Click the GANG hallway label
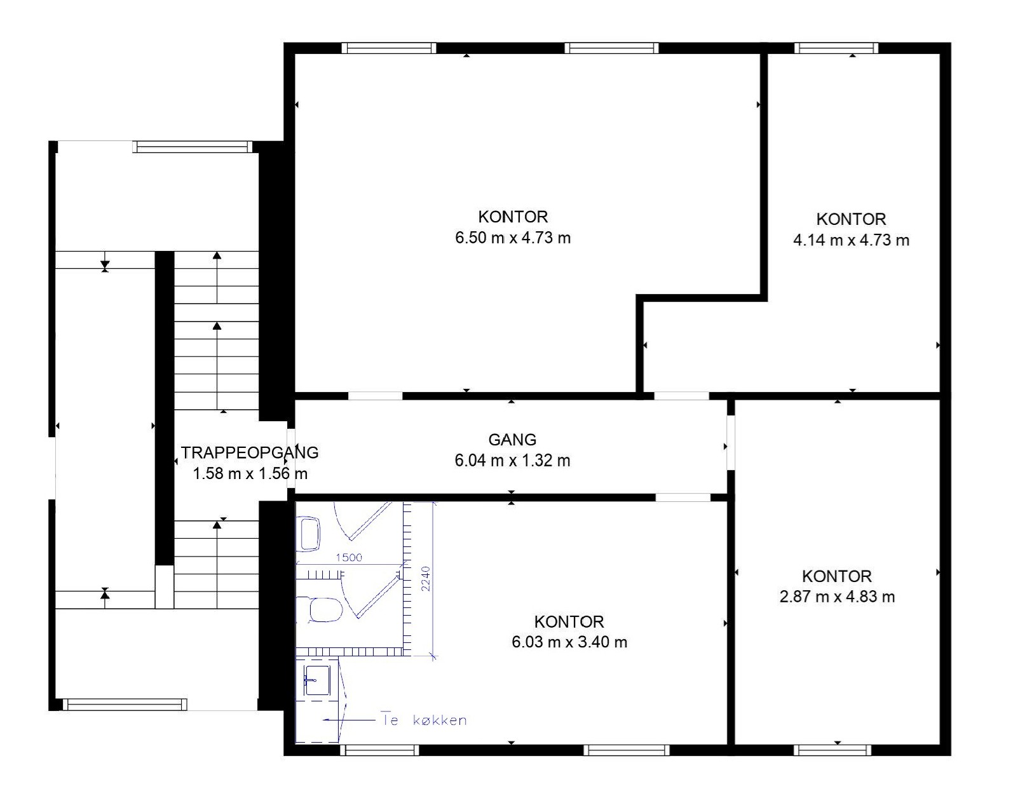(x=512, y=440)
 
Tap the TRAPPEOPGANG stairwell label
(x=250, y=452)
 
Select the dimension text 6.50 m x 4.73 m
(x=513, y=238)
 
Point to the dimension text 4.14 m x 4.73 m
(x=851, y=240)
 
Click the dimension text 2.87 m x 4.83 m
(x=838, y=597)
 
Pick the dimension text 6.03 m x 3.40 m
(x=569, y=642)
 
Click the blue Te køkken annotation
(x=424, y=720)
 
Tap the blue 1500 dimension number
(x=349, y=557)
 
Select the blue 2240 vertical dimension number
(x=426, y=579)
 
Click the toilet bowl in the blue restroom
(x=325, y=610)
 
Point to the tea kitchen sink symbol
(x=316, y=680)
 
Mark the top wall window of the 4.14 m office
(x=836, y=48)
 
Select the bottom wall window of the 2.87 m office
(x=832, y=750)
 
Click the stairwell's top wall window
(x=193, y=147)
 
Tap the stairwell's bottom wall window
(x=125, y=704)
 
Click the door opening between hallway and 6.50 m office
(x=375, y=396)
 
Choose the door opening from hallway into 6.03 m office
(x=682, y=497)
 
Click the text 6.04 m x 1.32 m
(x=512, y=461)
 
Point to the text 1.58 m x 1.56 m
(x=250, y=473)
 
